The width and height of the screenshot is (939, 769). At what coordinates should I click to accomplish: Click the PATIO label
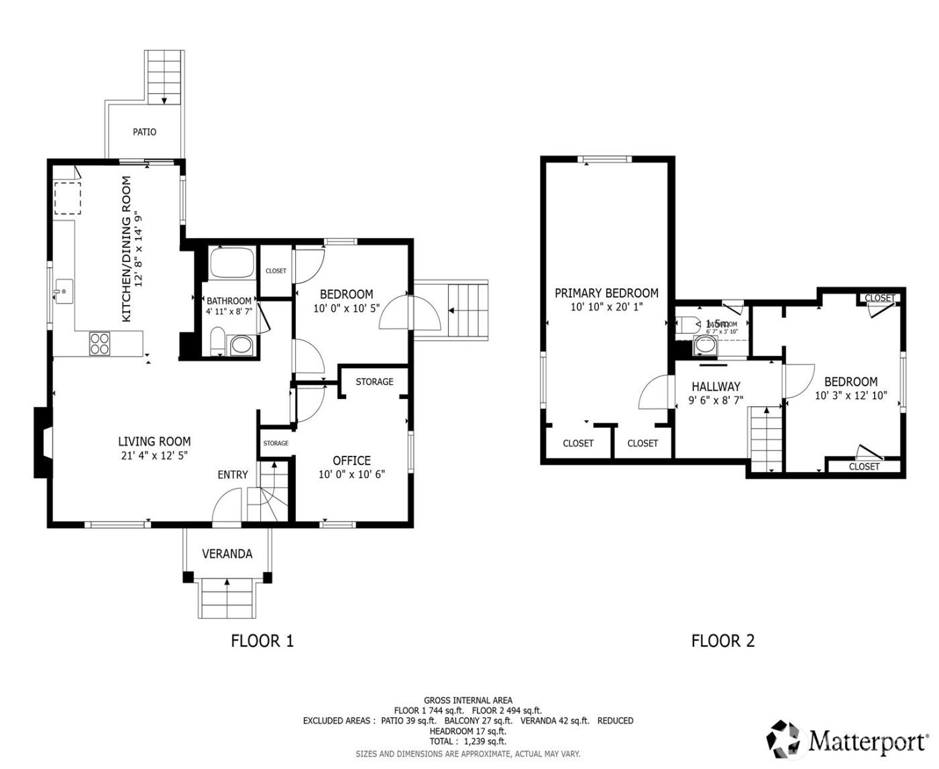pos(144,132)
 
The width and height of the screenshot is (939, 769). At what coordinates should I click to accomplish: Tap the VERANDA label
pos(227,554)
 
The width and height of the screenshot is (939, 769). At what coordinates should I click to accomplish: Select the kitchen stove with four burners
pos(99,344)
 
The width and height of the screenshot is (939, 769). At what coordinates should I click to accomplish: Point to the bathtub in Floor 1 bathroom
pos(231,263)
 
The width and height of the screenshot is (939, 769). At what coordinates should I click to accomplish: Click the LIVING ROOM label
pos(154,441)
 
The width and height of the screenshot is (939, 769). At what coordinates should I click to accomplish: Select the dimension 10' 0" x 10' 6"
pos(351,475)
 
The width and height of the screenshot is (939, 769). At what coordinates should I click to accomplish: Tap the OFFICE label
pos(351,461)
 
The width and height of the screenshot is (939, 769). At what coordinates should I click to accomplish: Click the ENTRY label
pos(233,475)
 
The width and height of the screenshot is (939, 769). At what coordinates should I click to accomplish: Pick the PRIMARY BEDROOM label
pos(606,293)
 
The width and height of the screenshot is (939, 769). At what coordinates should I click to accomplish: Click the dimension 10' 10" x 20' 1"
pos(606,307)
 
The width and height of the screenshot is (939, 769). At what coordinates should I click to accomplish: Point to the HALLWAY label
pos(716,387)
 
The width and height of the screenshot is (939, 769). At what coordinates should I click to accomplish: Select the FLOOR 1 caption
pos(262,641)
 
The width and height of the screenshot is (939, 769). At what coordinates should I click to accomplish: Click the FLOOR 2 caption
pos(723,641)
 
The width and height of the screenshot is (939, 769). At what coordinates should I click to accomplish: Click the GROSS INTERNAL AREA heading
pos(467,701)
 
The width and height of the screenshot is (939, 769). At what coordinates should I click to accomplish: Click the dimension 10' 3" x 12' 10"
pos(850,396)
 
